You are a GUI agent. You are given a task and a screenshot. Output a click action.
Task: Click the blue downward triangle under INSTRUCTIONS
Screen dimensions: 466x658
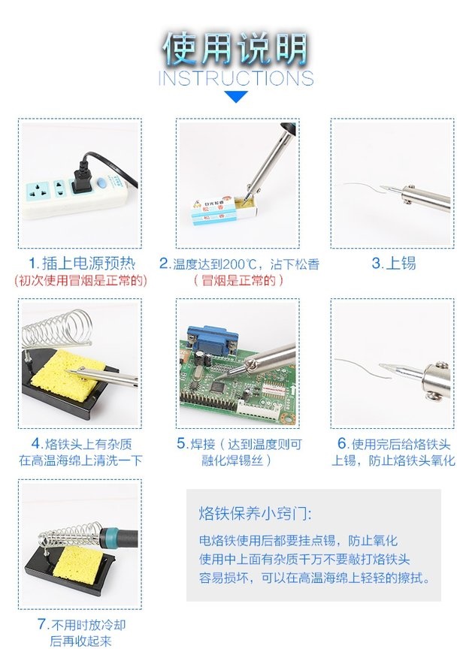pyautogui.click(x=236, y=97)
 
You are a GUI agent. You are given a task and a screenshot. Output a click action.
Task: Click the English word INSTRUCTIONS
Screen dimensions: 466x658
pyautogui.click(x=236, y=78)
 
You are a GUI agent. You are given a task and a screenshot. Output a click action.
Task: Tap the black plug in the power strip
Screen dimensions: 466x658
pyautogui.click(x=83, y=178)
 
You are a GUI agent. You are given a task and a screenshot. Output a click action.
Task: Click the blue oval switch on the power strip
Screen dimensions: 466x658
pyautogui.click(x=101, y=183)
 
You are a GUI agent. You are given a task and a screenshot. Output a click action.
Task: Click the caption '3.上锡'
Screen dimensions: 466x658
pyautogui.click(x=393, y=263)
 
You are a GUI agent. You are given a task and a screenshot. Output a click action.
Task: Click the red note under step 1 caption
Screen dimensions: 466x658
pyautogui.click(x=80, y=280)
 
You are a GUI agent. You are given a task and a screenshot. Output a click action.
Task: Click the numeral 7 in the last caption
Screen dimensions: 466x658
pyautogui.click(x=42, y=624)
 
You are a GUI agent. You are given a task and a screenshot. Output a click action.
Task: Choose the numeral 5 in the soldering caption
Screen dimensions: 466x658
pyautogui.click(x=181, y=444)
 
